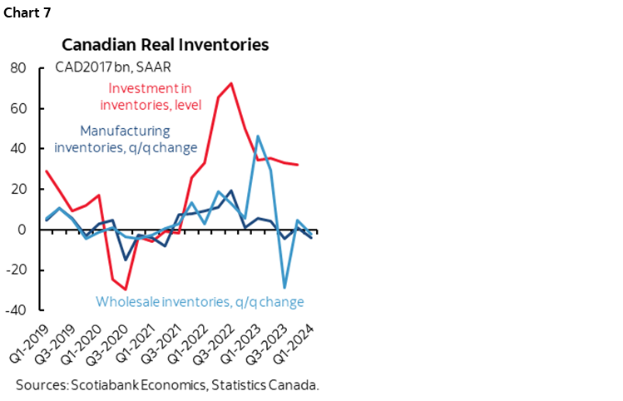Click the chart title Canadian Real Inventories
[x=166, y=43]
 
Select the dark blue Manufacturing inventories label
[x=125, y=140]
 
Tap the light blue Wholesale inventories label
[x=200, y=301]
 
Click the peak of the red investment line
[x=231, y=83]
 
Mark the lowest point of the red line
[x=126, y=290]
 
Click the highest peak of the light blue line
[x=258, y=136]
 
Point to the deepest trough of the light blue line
[x=284, y=288]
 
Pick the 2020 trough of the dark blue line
[x=126, y=260]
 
